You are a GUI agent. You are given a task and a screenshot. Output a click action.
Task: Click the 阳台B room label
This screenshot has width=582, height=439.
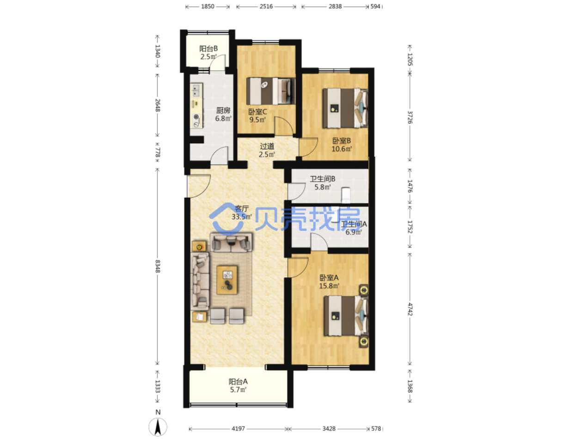(x=208, y=49)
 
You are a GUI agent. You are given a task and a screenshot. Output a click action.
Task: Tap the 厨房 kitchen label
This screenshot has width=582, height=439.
(x=223, y=110)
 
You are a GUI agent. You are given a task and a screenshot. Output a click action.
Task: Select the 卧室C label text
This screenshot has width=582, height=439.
(x=257, y=111)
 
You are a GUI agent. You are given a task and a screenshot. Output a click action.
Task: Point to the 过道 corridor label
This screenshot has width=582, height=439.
(x=267, y=146)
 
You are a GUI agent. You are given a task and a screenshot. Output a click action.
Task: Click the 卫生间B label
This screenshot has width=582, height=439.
(x=322, y=179)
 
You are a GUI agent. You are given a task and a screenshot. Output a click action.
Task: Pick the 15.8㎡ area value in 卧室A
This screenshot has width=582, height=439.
(x=329, y=286)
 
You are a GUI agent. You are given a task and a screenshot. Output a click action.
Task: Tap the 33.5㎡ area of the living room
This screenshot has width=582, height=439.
(x=242, y=217)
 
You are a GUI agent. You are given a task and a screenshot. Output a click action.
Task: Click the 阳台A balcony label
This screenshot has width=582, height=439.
(x=238, y=382)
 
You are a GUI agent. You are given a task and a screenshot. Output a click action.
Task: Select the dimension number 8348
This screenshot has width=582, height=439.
(x=158, y=266)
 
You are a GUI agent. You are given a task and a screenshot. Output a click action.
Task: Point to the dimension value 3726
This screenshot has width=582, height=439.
(x=410, y=117)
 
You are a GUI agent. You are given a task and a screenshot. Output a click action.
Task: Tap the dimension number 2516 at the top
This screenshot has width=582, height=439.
(x=266, y=6)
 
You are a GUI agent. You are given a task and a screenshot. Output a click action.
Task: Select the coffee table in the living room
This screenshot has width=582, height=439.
(x=227, y=280)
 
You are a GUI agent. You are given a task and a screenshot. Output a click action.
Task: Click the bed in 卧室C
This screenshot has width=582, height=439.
(x=271, y=91)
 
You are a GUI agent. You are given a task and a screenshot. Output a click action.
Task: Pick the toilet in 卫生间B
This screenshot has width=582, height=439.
(x=345, y=195)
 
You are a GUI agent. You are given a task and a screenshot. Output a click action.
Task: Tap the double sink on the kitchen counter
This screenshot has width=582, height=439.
(x=196, y=90)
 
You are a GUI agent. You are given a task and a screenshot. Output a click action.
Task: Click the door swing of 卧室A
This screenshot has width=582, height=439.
(x=298, y=267)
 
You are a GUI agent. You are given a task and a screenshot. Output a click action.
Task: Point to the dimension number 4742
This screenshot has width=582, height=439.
(x=410, y=309)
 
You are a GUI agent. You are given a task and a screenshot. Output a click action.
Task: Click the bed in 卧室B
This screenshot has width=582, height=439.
(x=345, y=108)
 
